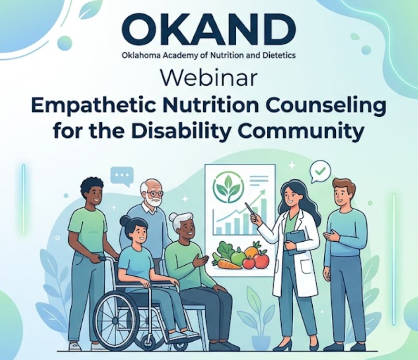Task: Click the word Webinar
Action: (209, 78)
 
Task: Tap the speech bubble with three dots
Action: (122, 176)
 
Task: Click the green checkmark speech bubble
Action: (320, 171)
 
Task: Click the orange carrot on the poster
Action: (229, 264)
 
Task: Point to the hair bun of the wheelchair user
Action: (124, 221)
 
